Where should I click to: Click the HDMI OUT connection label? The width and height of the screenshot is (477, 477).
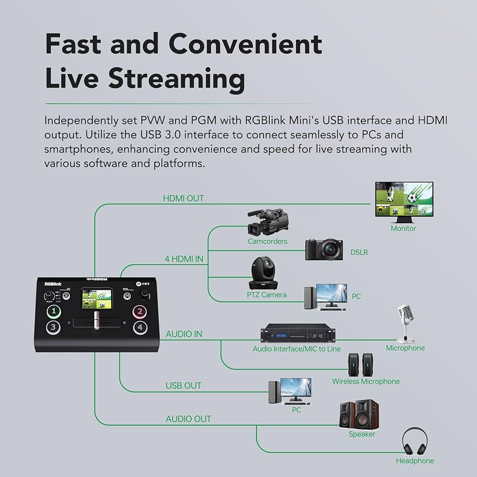click(x=183, y=198)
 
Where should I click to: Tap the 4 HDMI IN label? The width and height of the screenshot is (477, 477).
click(x=183, y=259)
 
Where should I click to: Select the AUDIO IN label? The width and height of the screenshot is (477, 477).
click(x=184, y=334)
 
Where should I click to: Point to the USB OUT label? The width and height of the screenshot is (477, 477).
click(x=184, y=385)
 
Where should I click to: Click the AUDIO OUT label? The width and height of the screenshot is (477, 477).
click(x=188, y=419)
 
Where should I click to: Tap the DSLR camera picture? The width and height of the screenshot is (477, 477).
click(x=324, y=249)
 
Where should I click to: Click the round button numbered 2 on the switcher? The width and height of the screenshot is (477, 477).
click(x=140, y=312)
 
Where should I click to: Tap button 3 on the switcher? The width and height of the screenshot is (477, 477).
click(x=53, y=327)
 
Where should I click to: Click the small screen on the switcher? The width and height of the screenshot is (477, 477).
click(x=97, y=299)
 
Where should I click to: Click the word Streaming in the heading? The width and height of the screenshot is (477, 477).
click(x=177, y=78)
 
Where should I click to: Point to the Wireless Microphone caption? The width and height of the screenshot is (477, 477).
click(x=365, y=381)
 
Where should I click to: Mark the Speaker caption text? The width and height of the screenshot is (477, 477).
click(x=362, y=434)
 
